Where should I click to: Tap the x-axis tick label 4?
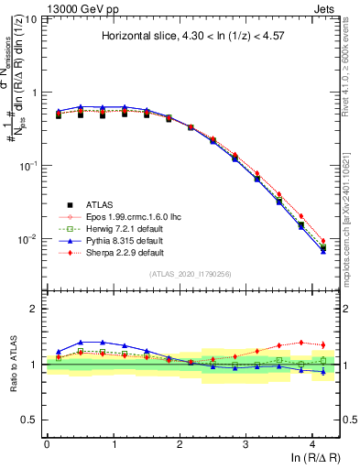pos(312,442)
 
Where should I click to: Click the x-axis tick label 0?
pos(47,442)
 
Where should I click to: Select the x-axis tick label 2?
pos(180,442)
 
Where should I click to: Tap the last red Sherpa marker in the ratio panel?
pos(322,345)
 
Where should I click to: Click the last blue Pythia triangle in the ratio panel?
pos(322,371)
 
